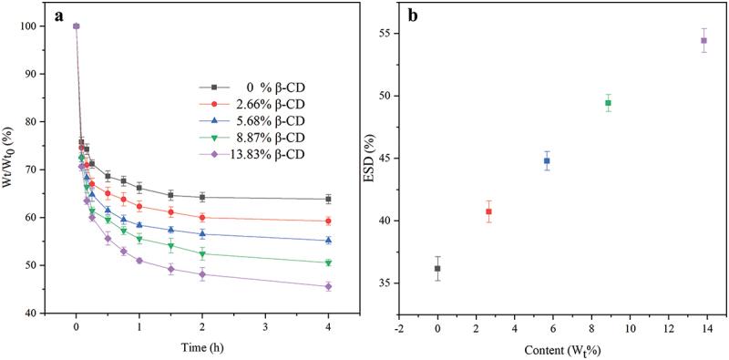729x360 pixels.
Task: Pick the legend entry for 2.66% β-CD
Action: [x=253, y=104]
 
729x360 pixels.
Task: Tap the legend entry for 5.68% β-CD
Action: [x=253, y=121]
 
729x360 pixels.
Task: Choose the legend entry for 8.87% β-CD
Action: [x=253, y=138]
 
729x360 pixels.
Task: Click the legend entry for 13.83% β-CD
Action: [x=253, y=154]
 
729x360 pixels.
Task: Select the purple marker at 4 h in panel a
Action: [x=328, y=286]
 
